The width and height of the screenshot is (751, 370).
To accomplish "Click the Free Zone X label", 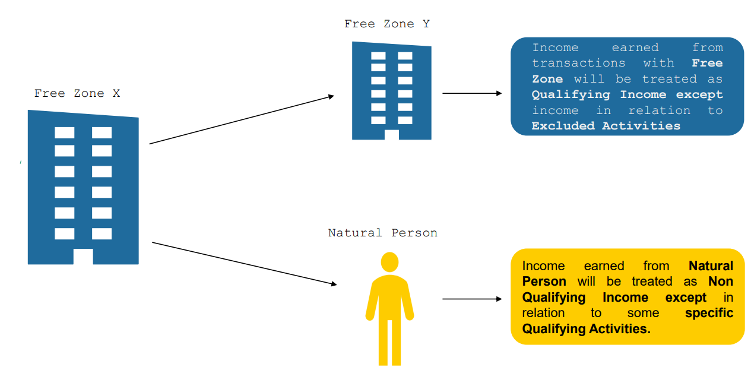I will point(77,93).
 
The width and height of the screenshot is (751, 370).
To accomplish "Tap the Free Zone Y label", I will point(386,24).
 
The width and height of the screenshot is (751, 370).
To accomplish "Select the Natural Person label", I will point(382,233).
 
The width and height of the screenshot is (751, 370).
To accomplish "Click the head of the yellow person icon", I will point(389,262).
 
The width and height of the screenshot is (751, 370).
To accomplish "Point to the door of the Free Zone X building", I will point(83,257).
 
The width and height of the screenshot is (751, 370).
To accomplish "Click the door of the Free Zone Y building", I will point(392,135).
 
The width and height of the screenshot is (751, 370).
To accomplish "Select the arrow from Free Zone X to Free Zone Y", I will point(242,119).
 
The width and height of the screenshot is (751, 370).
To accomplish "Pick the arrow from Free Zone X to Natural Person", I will point(244,264).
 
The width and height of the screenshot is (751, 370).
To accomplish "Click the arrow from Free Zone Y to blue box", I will point(472,93).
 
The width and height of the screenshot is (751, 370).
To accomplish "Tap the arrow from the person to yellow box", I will point(472,299).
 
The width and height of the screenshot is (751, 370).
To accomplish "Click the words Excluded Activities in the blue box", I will point(606,126).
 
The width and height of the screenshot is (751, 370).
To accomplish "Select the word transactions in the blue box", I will point(578,63).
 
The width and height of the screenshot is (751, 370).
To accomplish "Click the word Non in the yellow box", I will point(721,282).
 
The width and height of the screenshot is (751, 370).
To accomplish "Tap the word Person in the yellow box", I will point(544,282).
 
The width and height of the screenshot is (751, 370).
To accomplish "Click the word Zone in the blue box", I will point(547,79).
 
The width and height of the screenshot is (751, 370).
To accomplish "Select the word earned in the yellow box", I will point(604,266).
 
